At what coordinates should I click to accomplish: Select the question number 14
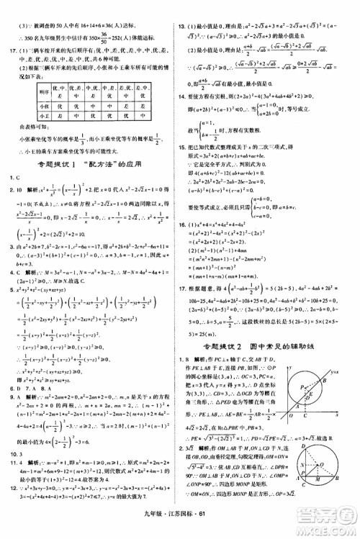coord(184,95)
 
